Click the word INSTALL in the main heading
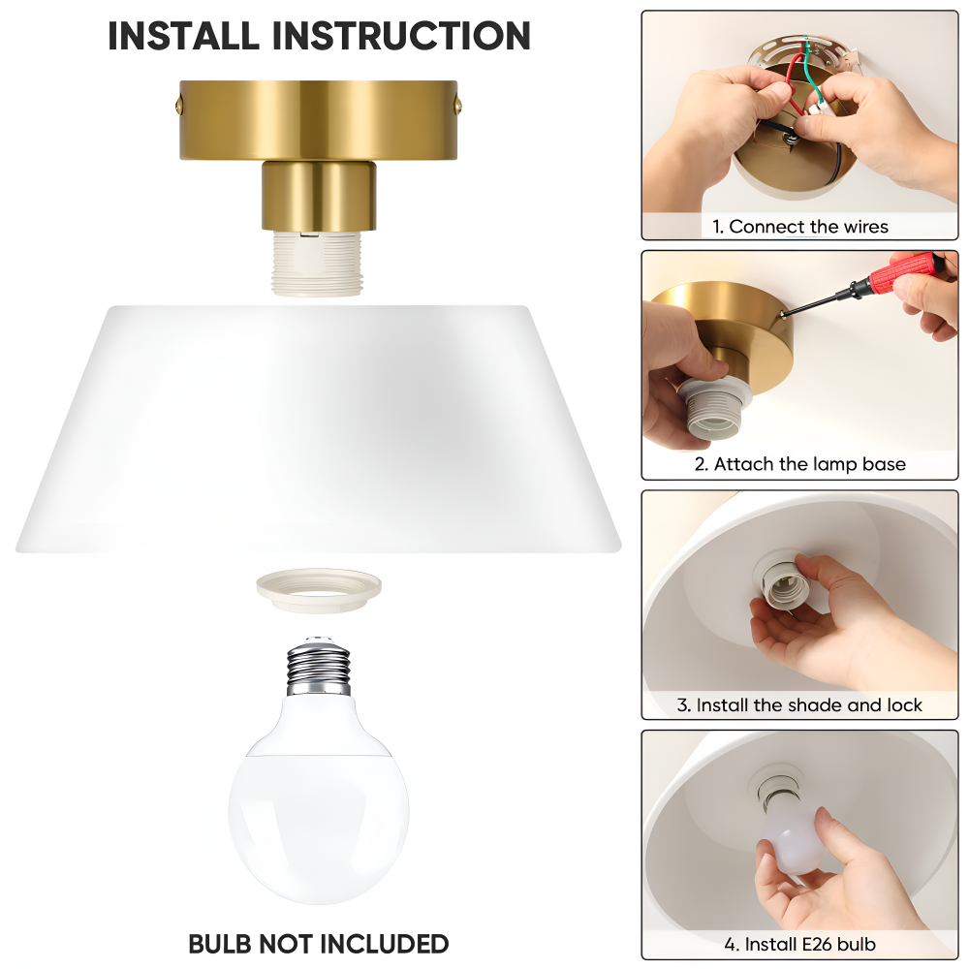pos(183,36)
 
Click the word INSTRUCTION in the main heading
pos(401,36)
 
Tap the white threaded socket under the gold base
pos(318,264)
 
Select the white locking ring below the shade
pos(319,591)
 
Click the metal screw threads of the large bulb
pos(318,667)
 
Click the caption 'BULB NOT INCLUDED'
pos(318,944)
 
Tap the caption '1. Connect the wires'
pos(799,227)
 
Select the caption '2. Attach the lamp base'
pos(799,464)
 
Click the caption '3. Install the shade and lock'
pos(799,705)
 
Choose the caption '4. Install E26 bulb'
pos(799,944)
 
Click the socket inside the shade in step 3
pos(780,584)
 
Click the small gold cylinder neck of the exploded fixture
pos(318,196)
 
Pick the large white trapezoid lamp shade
pos(318,429)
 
